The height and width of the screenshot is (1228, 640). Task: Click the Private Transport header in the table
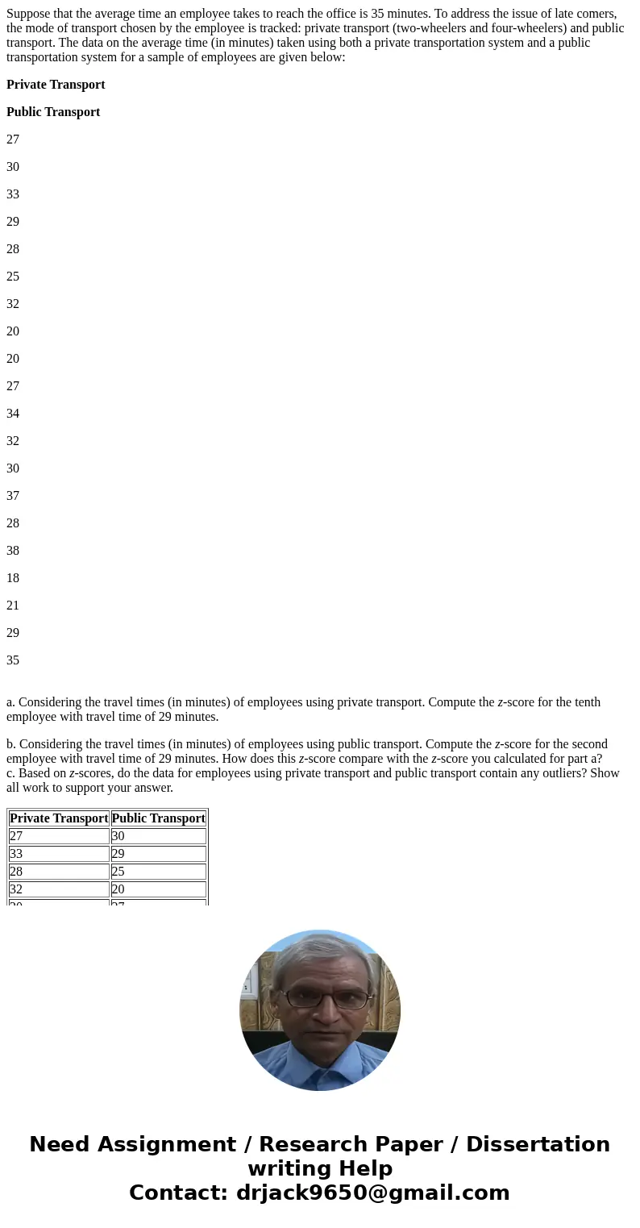pos(59,818)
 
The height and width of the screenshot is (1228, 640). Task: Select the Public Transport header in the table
pos(158,818)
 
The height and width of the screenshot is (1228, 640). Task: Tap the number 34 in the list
pos(13,414)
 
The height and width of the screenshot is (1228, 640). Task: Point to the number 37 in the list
pos(13,496)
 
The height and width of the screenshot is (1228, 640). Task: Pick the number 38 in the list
pos(13,551)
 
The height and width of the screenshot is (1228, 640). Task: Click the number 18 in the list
pos(13,578)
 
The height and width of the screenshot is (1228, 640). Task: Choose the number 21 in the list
pos(13,606)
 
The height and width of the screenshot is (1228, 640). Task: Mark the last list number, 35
pos(13,660)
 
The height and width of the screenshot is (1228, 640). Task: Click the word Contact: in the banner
pos(179,1193)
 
